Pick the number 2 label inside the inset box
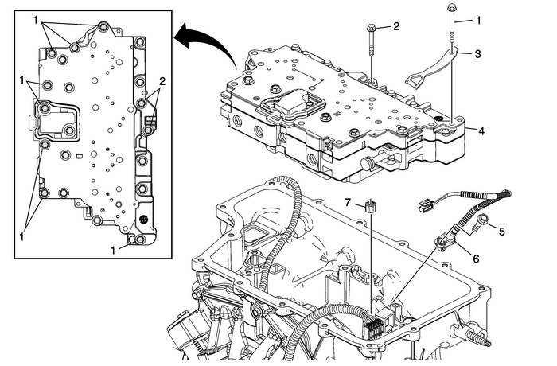(x=162, y=81)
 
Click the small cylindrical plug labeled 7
(x=370, y=208)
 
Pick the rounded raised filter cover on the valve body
(x=287, y=102)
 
